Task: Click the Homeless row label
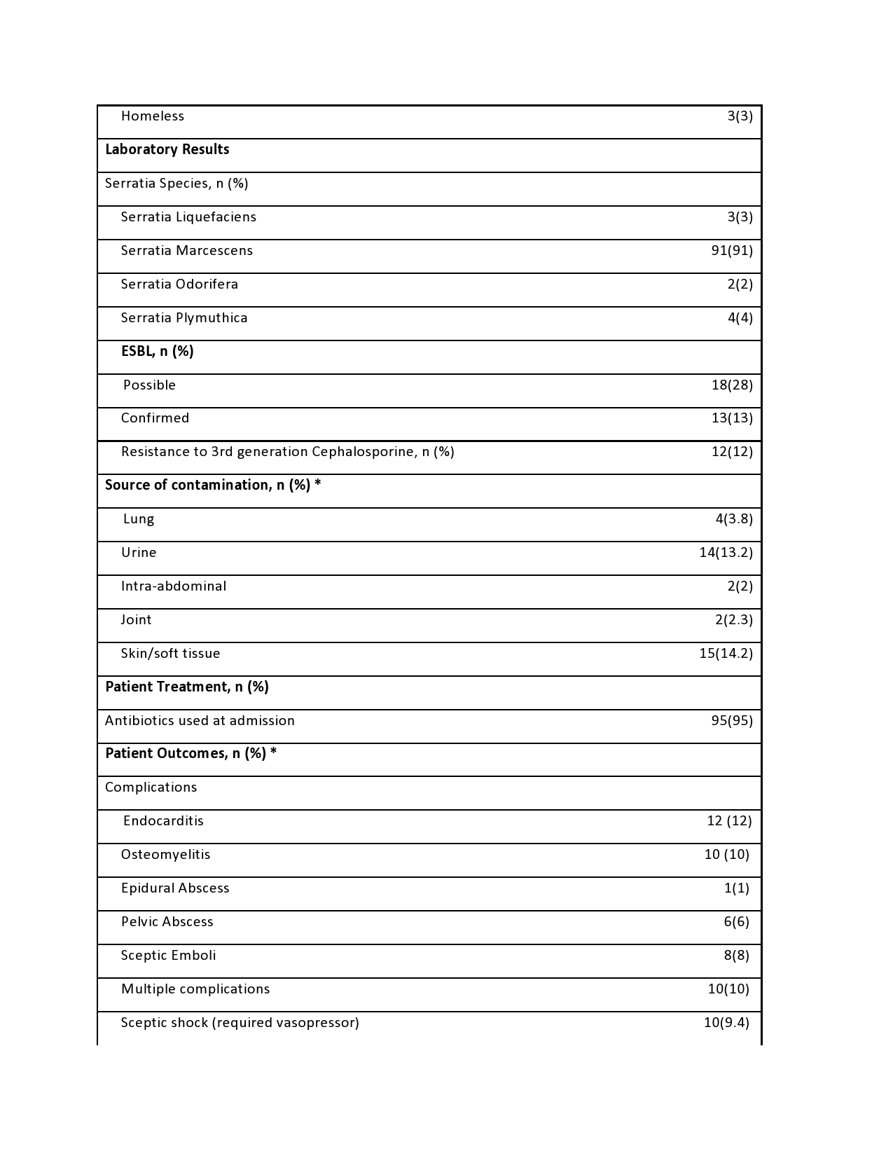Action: (152, 116)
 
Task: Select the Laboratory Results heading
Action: (167, 150)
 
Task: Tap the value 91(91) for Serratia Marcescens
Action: (731, 251)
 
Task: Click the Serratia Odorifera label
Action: (179, 284)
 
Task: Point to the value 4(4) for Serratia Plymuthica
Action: (740, 318)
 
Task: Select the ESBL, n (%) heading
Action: (157, 352)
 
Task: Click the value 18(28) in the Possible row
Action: (731, 385)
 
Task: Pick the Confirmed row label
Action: (155, 418)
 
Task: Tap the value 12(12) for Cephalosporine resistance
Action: (731, 452)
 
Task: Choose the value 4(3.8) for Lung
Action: (733, 519)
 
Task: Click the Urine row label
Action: (139, 553)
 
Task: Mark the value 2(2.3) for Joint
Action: (733, 620)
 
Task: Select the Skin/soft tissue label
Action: (170, 654)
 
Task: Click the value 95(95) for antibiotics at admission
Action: (731, 721)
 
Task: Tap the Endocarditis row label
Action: (163, 821)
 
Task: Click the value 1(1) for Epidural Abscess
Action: (736, 888)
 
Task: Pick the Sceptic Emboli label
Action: (168, 956)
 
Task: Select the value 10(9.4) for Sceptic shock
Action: (726, 1023)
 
